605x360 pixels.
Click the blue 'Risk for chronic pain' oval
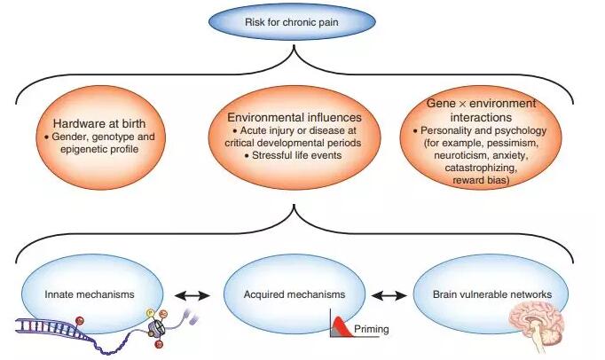301,21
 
